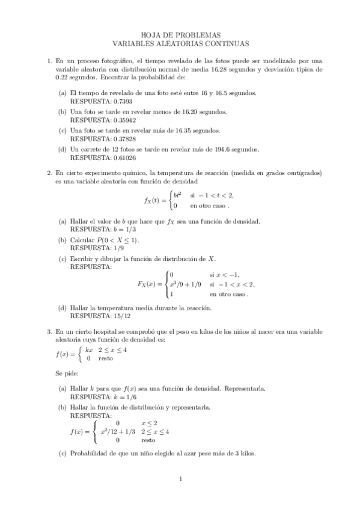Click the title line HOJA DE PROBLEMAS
point(180,35)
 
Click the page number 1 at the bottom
point(180,479)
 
